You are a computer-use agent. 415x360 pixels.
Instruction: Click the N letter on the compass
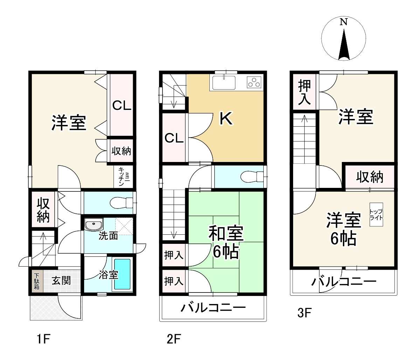click(x=344, y=22)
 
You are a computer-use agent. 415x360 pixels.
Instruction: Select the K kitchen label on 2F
click(x=226, y=119)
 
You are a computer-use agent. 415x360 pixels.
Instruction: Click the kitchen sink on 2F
click(x=224, y=83)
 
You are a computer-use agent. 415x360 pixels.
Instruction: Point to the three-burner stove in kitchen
click(x=254, y=83)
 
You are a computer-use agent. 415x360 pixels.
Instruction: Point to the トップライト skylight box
click(x=376, y=214)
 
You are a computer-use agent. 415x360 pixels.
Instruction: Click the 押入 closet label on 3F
click(x=304, y=92)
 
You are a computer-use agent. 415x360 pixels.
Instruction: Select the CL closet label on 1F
click(x=121, y=105)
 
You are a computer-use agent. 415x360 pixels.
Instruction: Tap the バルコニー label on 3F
click(x=344, y=281)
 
